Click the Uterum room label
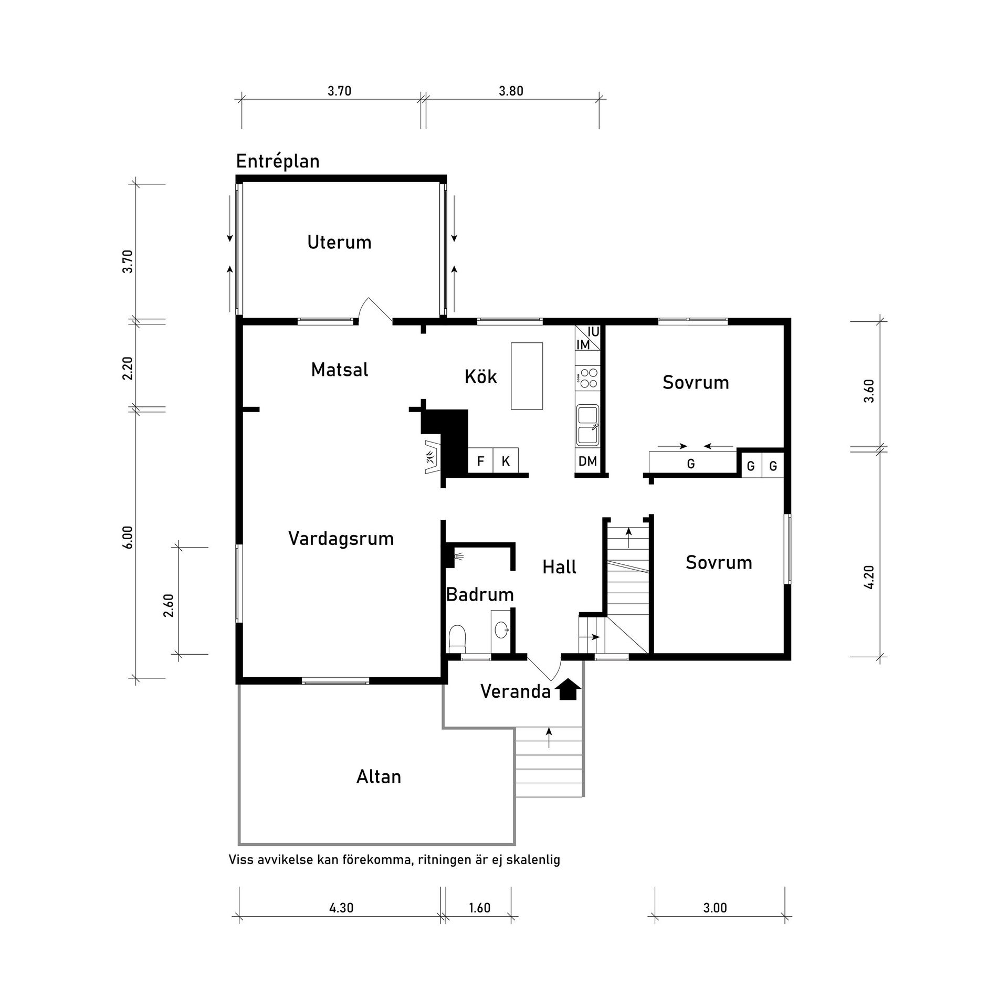pyautogui.click(x=339, y=243)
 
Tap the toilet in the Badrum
pyautogui.click(x=457, y=638)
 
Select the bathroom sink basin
pyautogui.click(x=502, y=629)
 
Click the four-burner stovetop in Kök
pyautogui.click(x=587, y=378)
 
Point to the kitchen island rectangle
pyautogui.click(x=527, y=376)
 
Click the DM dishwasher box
pyautogui.click(x=587, y=461)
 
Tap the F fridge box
pyautogui.click(x=480, y=461)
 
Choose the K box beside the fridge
pyautogui.click(x=506, y=461)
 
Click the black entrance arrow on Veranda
pyautogui.click(x=568, y=690)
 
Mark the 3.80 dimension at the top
pyautogui.click(x=511, y=91)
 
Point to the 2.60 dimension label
pyautogui.click(x=169, y=605)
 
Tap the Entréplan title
pyautogui.click(x=278, y=161)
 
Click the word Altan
pyautogui.click(x=379, y=777)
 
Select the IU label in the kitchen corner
pyautogui.click(x=593, y=332)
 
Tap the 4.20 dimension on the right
pyautogui.click(x=868, y=577)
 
